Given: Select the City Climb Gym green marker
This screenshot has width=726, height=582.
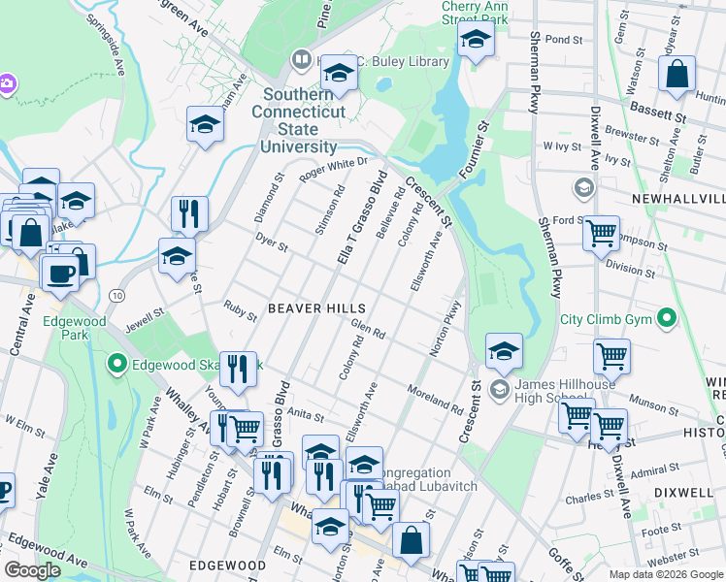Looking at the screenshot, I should [x=666, y=317].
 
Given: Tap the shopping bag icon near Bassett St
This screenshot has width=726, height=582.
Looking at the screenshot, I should [x=676, y=74].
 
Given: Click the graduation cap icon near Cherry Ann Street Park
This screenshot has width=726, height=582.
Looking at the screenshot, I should [x=476, y=41].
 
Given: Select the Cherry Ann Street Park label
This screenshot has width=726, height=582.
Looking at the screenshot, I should [x=475, y=13].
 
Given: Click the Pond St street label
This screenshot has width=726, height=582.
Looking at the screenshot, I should [x=563, y=40].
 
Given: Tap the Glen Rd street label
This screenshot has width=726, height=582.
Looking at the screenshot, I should [x=369, y=330].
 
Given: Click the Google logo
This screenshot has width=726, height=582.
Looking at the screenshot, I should [x=33, y=570].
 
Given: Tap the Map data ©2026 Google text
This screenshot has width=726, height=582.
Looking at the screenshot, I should [x=666, y=574].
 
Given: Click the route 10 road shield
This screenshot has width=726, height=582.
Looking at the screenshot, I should [x=117, y=294].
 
